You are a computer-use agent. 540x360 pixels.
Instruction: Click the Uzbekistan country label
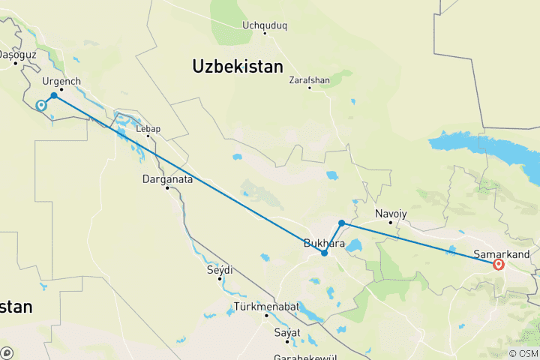point(238,66)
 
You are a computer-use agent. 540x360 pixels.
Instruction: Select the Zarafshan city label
point(309,78)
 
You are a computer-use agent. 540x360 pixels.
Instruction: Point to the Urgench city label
point(61,81)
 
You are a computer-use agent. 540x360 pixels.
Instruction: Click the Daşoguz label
point(16,55)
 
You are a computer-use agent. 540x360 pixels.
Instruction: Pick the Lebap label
point(148,129)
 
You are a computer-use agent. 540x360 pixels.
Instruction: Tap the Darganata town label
point(169,179)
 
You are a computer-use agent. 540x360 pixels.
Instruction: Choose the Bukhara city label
point(324,244)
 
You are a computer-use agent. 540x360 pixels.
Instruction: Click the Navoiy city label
point(391,214)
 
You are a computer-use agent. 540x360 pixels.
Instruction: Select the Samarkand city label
point(503,254)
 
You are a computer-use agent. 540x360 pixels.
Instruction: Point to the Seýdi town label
point(220,269)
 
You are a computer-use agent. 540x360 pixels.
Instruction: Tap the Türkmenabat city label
point(266,307)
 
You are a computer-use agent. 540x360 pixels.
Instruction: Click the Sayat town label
point(287,332)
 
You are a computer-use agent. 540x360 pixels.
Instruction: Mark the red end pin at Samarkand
point(498,263)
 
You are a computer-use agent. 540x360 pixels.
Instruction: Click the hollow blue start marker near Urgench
point(41,106)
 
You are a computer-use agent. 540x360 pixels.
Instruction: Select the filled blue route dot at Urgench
point(54,95)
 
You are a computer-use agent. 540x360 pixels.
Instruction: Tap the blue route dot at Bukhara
point(324,253)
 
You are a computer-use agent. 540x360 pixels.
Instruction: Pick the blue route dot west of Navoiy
point(341,223)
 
